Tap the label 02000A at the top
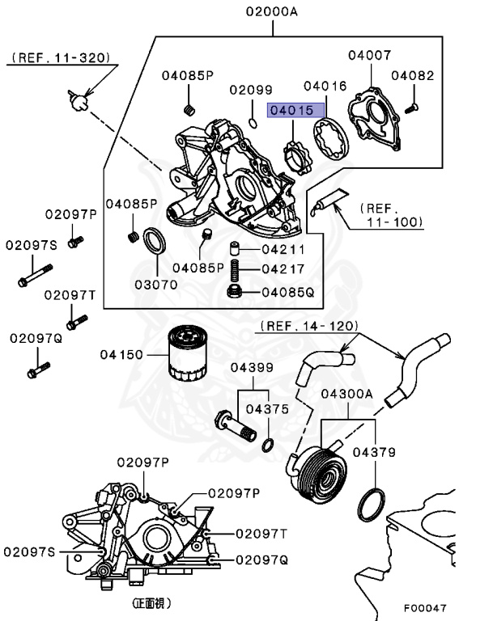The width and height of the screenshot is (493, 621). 273,12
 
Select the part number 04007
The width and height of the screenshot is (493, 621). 370,56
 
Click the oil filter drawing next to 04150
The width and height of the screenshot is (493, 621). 189,354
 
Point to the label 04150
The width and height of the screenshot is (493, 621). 121,354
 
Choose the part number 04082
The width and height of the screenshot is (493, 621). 413,75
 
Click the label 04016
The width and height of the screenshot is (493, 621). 325,85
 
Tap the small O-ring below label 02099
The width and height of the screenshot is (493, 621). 253,123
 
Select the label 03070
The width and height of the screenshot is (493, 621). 155,285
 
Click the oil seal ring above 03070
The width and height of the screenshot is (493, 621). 155,240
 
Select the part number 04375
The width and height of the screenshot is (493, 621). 267,409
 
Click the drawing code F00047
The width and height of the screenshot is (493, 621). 424,607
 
